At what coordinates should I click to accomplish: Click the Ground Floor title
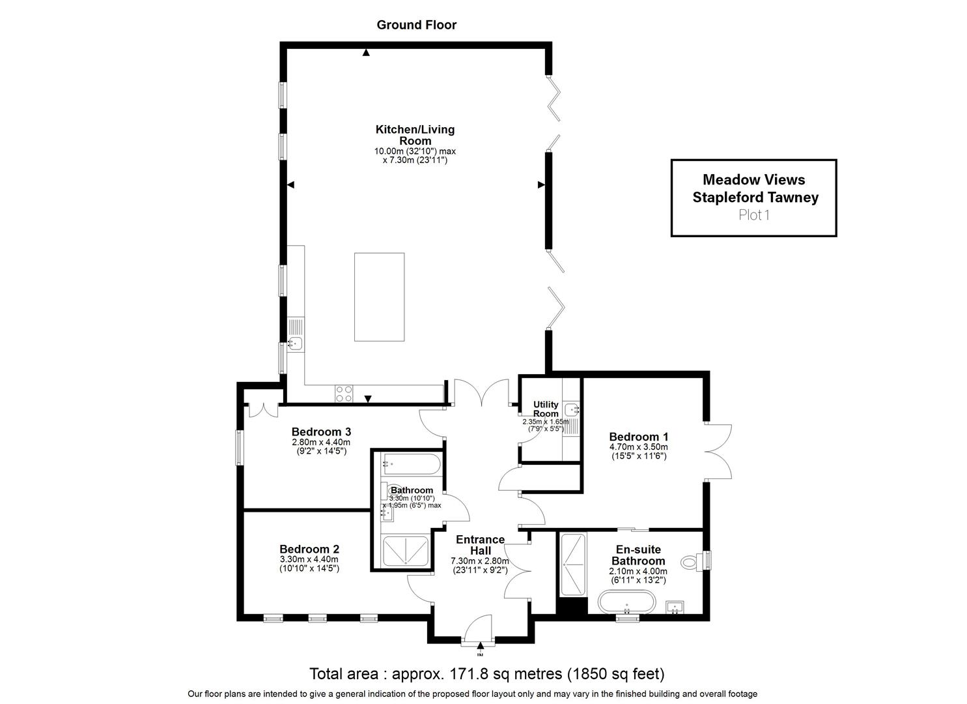pyautogui.click(x=417, y=25)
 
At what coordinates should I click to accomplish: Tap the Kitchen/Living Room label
pyautogui.click(x=415, y=135)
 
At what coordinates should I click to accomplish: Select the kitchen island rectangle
pyautogui.click(x=380, y=297)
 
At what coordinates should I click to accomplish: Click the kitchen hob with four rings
pyautogui.click(x=344, y=394)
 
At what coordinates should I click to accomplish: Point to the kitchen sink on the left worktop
pyautogui.click(x=296, y=344)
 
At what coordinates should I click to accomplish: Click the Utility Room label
pyautogui.click(x=546, y=409)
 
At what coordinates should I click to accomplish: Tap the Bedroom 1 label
pyautogui.click(x=638, y=437)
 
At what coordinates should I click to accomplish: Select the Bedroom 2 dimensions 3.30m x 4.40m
pyautogui.click(x=309, y=559)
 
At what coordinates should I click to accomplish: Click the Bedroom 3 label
pyautogui.click(x=321, y=432)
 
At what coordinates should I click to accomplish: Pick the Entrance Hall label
pyautogui.click(x=480, y=545)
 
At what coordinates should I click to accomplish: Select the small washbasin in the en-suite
pyautogui.click(x=675, y=607)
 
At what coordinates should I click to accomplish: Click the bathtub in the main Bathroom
pyautogui.click(x=411, y=465)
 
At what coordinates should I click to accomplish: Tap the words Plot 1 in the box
pyautogui.click(x=754, y=215)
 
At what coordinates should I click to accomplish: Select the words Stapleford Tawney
pyautogui.click(x=755, y=198)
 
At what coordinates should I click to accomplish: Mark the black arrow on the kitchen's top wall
pyautogui.click(x=366, y=53)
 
